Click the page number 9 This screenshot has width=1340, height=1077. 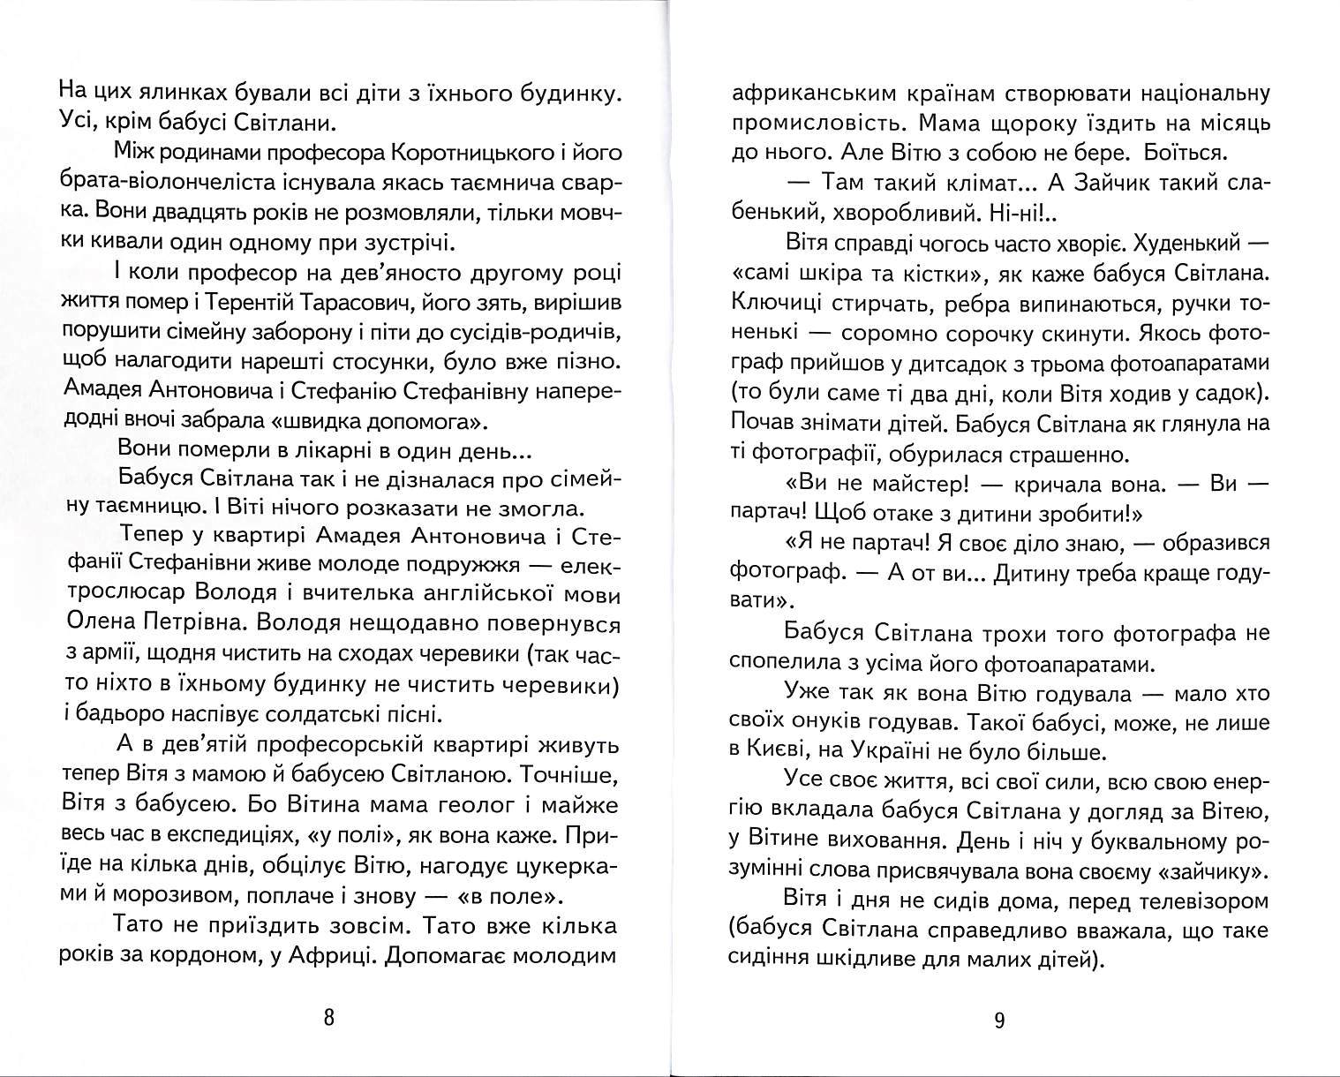(x=999, y=1021)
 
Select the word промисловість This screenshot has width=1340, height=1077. (x=811, y=123)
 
